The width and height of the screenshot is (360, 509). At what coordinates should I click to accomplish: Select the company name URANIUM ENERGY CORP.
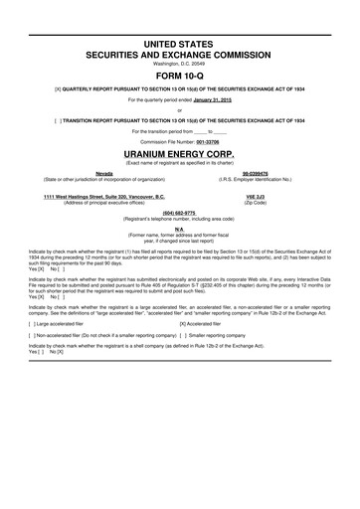[x=179, y=156]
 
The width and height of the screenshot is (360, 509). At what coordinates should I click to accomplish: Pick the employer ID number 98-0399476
[x=264, y=174]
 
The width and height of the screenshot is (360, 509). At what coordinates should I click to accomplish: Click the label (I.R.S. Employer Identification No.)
[x=264, y=180]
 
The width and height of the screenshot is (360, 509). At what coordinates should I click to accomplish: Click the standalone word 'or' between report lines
[x=179, y=108]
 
